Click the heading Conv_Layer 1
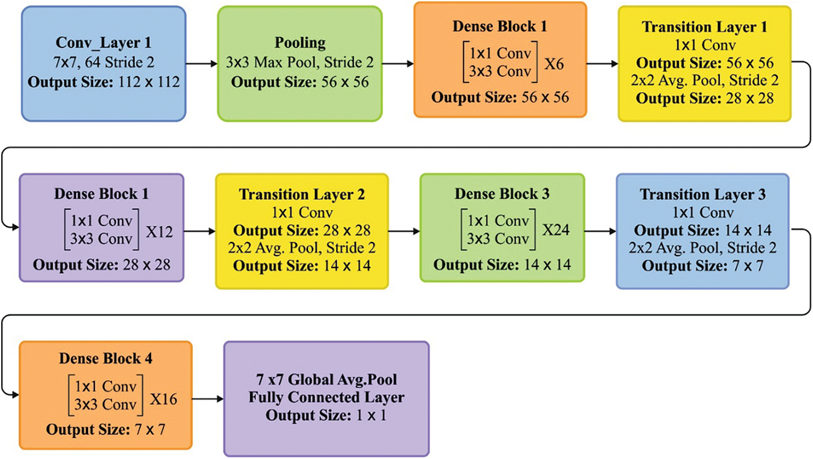pyautogui.click(x=103, y=43)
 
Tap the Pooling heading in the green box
pyautogui.click(x=299, y=43)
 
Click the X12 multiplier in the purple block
pyautogui.click(x=159, y=232)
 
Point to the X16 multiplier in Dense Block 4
pyautogui.click(x=164, y=399)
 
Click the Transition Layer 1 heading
pyautogui.click(x=704, y=27)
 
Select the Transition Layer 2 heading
pyautogui.click(x=301, y=194)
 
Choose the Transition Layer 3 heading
pyautogui.click(x=702, y=194)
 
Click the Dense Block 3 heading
pyautogui.click(x=502, y=194)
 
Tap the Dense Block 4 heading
pyautogui.click(x=105, y=358)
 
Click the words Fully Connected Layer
pyautogui.click(x=326, y=398)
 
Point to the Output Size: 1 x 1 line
pyautogui.click(x=326, y=416)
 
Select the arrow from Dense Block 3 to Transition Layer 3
pyautogui.click(x=600, y=232)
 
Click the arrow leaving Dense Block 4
pyautogui.click(x=207, y=399)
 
